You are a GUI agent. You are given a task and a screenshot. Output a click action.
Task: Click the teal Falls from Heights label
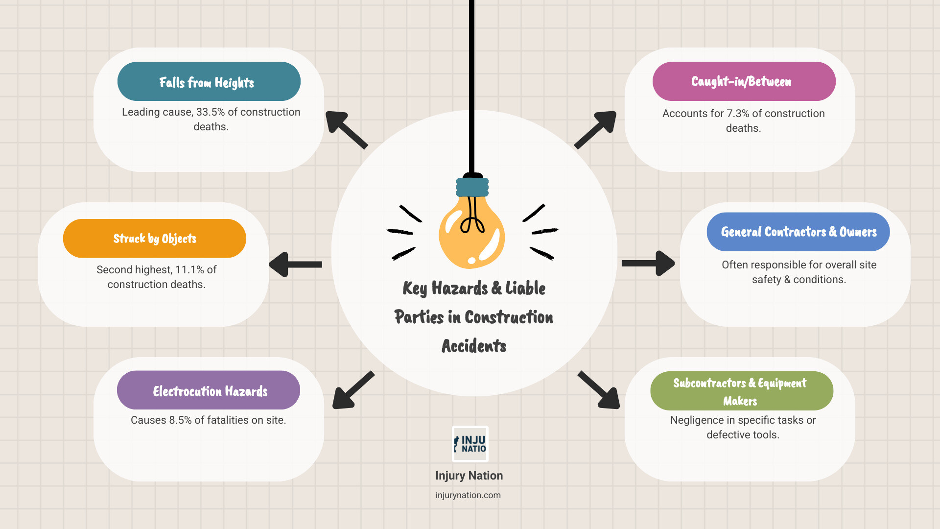[x=209, y=81]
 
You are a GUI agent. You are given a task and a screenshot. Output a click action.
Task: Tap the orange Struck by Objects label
[x=155, y=239]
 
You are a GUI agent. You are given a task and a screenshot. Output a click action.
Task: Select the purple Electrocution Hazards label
[x=209, y=390]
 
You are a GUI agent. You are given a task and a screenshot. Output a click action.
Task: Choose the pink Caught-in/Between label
[x=744, y=81]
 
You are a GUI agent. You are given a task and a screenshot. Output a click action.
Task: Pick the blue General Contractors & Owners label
[x=798, y=232]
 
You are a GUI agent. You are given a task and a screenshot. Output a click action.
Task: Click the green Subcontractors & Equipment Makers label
[x=742, y=391]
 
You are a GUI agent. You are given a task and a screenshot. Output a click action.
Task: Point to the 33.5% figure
[x=211, y=112]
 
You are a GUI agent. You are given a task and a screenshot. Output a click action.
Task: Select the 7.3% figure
[x=738, y=114]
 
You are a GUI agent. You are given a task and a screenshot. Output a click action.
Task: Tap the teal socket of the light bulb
[x=472, y=187]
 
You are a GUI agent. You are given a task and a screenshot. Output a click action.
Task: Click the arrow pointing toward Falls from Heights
[x=346, y=130]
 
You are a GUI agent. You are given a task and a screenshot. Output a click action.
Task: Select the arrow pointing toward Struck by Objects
[x=295, y=264]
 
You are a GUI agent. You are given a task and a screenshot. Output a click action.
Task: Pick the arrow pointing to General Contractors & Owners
[x=648, y=264]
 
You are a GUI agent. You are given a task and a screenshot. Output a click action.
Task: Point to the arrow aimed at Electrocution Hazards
[x=353, y=390]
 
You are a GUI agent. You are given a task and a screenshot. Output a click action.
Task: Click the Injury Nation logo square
[x=470, y=444]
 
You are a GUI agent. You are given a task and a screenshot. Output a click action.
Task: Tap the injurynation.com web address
[x=468, y=495]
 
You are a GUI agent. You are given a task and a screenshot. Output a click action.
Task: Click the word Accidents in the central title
[x=474, y=346]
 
